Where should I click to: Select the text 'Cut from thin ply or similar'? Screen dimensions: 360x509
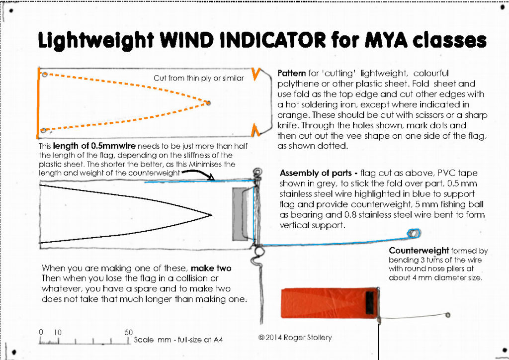pyautogui.click(x=199, y=78)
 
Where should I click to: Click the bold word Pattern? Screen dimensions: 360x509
pyautogui.click(x=292, y=74)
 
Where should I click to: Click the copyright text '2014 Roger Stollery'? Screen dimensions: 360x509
pyautogui.click(x=299, y=338)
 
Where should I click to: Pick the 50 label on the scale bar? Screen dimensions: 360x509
pyautogui.click(x=128, y=332)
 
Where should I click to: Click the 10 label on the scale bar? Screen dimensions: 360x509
pyautogui.click(x=58, y=332)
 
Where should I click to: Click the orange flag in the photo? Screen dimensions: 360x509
pyautogui.click(x=323, y=303)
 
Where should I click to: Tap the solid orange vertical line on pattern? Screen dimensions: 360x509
pyautogui.click(x=38, y=102)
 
